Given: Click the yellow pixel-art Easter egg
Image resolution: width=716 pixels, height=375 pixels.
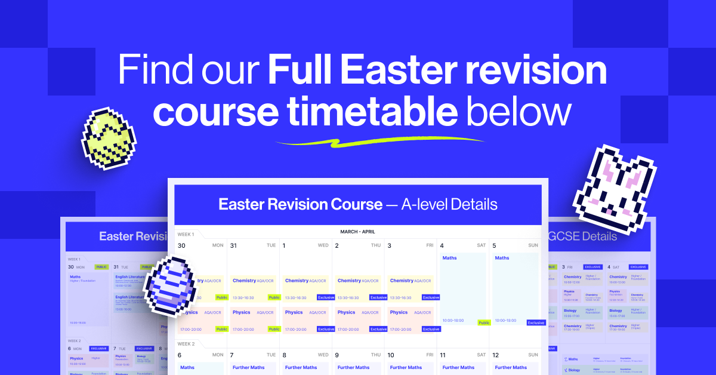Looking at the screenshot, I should (x=109, y=138).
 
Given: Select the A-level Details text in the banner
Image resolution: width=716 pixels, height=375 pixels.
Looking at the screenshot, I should (x=449, y=205).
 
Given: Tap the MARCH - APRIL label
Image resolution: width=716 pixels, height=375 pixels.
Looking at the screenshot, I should (x=358, y=232).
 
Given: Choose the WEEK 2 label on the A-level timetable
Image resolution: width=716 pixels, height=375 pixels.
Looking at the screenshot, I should (x=187, y=344).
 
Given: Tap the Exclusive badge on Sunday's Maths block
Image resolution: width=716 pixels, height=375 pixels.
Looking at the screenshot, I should (x=536, y=322).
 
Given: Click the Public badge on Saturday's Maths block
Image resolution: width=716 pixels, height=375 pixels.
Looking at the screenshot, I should (x=484, y=322).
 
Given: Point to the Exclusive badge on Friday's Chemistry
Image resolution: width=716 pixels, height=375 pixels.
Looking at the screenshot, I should (x=431, y=297).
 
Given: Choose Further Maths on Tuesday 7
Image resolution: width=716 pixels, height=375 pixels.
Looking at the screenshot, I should (x=249, y=367).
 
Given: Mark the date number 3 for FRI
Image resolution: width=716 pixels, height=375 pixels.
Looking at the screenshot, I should (x=389, y=245).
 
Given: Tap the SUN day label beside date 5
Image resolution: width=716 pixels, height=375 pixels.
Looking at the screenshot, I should (x=533, y=245).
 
